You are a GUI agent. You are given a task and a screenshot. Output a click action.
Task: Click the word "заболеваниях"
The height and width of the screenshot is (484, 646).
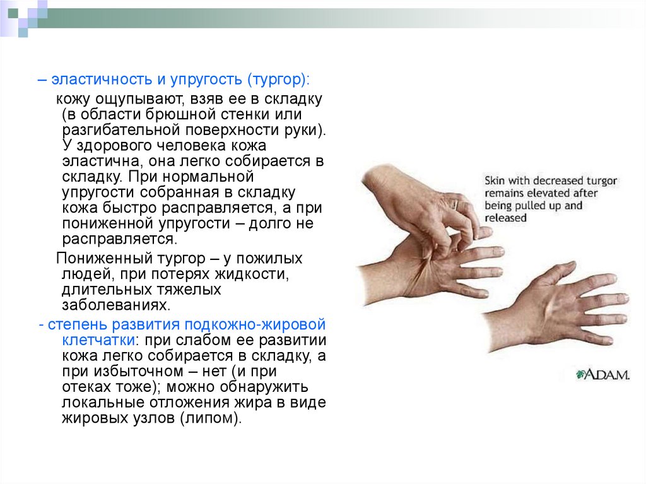click(115, 305)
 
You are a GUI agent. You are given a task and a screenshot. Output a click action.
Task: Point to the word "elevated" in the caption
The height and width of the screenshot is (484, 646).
click(543, 193)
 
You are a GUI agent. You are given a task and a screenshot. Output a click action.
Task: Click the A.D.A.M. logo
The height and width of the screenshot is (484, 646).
click(602, 374)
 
